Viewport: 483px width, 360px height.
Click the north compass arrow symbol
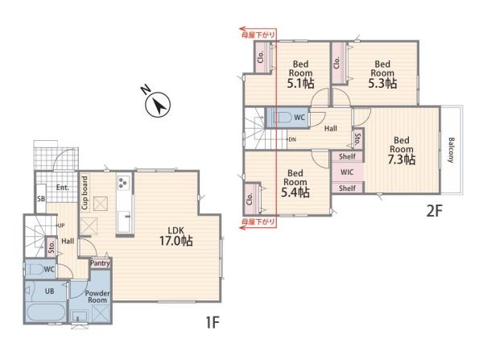[158, 105]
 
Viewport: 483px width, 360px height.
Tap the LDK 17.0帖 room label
[175, 237]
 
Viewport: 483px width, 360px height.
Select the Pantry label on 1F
[100, 263]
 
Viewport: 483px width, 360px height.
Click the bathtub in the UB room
[45, 312]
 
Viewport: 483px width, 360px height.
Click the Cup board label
[85, 193]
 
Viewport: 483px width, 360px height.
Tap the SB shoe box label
[41, 199]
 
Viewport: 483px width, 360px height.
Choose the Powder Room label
[97, 296]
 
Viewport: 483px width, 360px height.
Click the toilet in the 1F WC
[35, 269]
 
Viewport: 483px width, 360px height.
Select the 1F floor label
[213, 323]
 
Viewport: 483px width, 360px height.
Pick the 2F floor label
[435, 211]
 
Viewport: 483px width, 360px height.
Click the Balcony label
[451, 150]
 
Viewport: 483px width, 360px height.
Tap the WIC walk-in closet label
[347, 172]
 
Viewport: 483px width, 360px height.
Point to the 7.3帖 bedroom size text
[402, 159]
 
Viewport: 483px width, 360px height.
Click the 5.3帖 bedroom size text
[382, 83]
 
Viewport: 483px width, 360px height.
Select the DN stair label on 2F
[292, 139]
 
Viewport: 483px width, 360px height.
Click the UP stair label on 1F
[61, 226]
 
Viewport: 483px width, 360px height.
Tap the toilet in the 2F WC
[283, 117]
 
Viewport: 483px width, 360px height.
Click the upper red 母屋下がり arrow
[258, 30]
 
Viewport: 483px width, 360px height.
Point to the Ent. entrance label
[63, 188]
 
